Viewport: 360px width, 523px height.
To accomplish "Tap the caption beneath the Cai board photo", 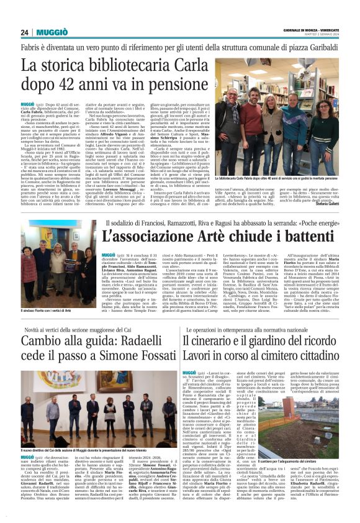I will pos(92,449).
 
